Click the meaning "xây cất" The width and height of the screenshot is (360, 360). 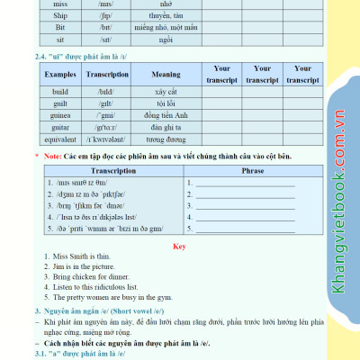pyautogui.click(x=166, y=92)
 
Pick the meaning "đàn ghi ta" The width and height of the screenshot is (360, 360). pyautogui.click(x=166, y=127)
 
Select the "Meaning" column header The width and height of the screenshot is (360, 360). pyautogui.click(x=166, y=75)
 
